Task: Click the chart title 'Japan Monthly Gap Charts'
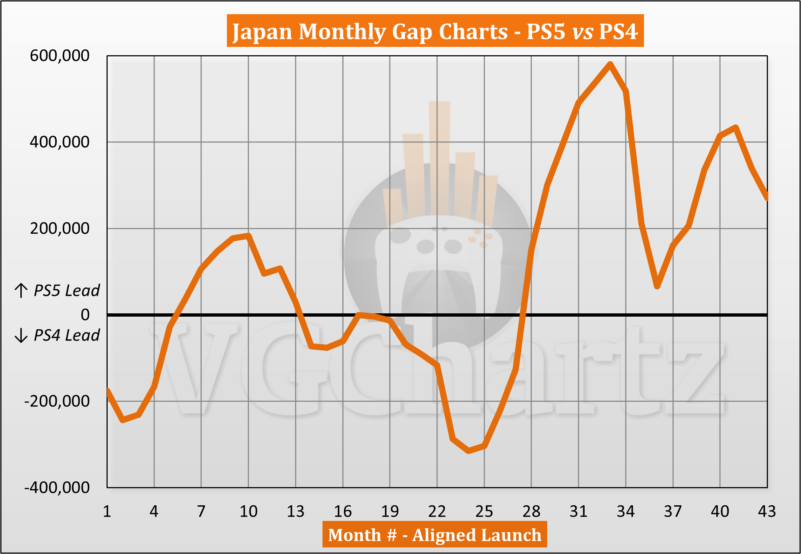point(435,31)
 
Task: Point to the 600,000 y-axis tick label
point(59,56)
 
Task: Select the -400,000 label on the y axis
point(57,487)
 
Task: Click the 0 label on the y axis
point(85,315)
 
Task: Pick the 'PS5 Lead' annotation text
point(67,291)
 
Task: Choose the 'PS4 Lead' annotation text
point(67,335)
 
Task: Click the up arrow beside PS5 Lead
point(21,291)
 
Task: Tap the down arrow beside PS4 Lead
point(21,335)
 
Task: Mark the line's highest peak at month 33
point(610,64)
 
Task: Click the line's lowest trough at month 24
point(468,451)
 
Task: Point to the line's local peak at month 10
point(248,236)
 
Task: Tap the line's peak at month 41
point(736,127)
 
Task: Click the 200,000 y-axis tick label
point(59,229)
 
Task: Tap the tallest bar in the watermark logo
point(440,156)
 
